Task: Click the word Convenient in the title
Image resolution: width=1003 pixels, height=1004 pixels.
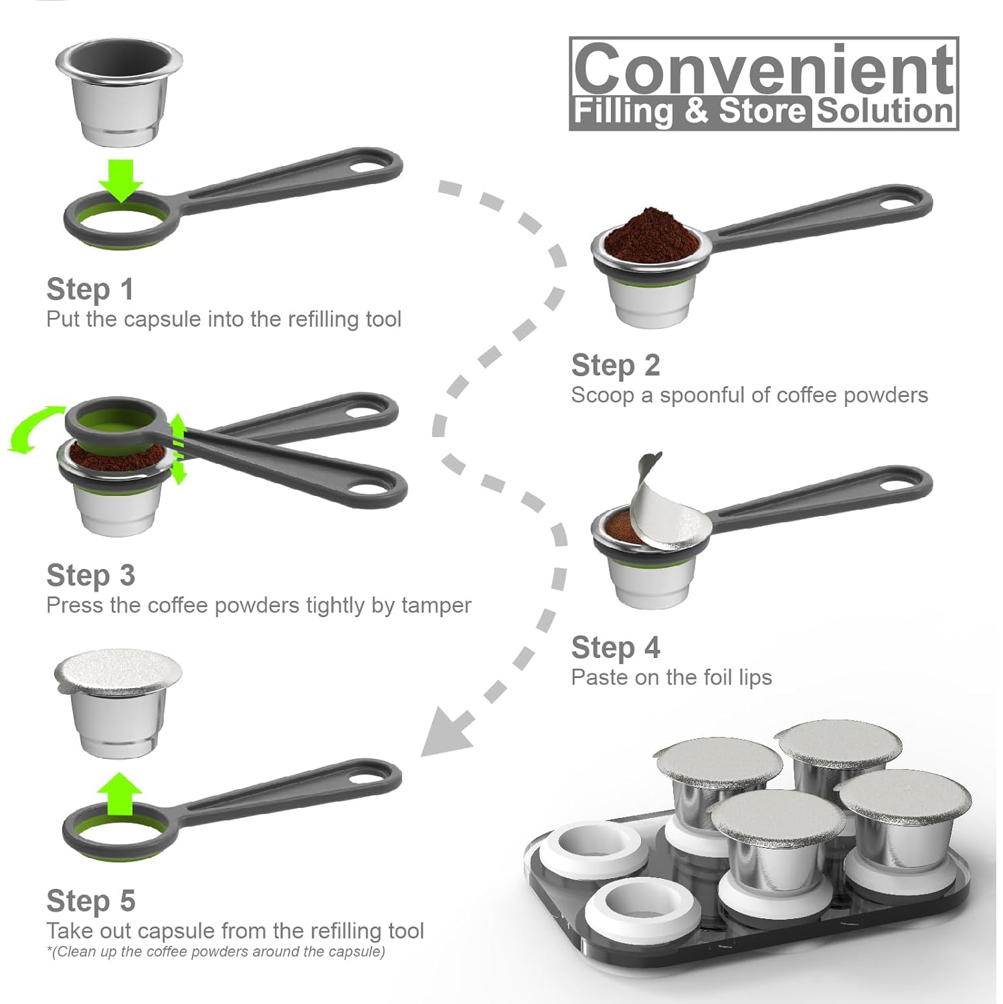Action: point(763,69)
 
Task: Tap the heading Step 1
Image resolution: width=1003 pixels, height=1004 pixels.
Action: point(90,289)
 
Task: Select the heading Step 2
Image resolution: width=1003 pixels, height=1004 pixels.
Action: point(615,365)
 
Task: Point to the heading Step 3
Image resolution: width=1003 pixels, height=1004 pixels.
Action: point(90,576)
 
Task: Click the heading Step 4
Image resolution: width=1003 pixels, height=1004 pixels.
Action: point(615,648)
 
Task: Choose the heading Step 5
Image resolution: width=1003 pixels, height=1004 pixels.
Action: point(90,901)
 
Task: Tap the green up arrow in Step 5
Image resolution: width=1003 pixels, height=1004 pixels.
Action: point(120,793)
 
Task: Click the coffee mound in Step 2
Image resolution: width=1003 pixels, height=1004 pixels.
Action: point(648,236)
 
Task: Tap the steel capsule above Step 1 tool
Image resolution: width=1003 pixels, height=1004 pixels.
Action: point(118,92)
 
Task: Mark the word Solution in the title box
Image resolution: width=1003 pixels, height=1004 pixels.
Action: point(885,111)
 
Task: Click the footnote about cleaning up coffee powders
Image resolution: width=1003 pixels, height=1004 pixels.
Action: point(215,952)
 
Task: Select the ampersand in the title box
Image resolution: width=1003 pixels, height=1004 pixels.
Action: point(696,111)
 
